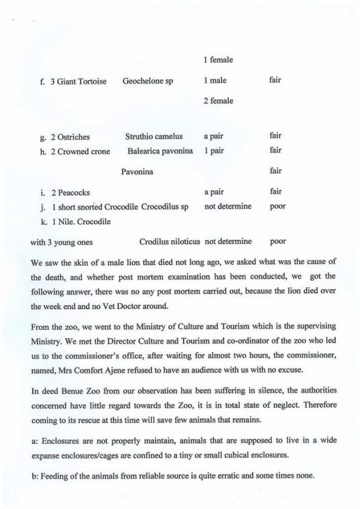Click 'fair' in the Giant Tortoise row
275,80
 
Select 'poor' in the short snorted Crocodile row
278,206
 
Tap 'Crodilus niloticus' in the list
170,241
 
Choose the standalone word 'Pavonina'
137,172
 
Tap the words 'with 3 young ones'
62,242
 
